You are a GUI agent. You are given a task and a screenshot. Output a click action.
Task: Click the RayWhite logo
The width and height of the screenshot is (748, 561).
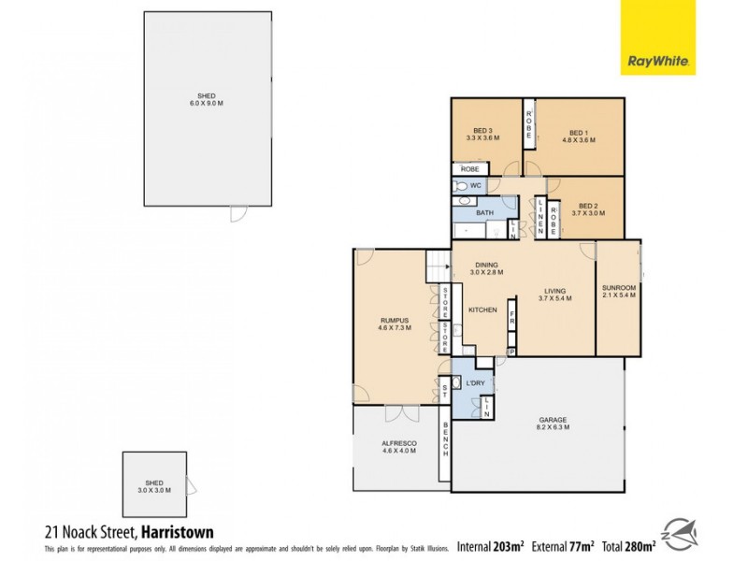658,37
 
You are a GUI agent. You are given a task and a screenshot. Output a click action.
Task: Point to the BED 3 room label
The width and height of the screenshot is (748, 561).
482,135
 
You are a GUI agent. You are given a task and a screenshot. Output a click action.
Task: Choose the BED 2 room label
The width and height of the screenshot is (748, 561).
587,209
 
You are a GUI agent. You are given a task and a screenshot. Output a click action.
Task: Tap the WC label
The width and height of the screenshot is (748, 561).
475,186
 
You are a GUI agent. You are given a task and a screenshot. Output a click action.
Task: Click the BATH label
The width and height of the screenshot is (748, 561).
484,213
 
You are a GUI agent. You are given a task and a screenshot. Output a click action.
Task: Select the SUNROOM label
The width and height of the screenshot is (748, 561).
618,291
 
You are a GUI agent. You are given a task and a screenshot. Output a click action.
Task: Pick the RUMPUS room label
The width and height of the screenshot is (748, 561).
393,324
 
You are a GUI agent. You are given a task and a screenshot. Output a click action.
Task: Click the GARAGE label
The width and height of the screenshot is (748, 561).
553,424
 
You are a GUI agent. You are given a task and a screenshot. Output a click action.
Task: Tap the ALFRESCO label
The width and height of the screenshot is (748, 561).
398,446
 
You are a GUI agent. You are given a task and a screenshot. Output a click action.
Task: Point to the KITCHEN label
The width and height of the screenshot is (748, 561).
482,309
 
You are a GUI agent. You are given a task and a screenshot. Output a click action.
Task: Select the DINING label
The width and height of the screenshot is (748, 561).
486,268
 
